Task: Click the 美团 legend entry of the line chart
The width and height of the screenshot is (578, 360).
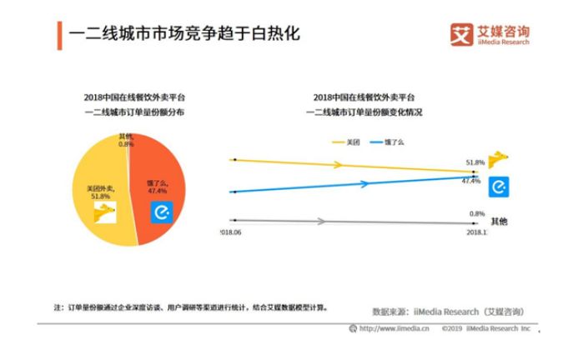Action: click(347, 142)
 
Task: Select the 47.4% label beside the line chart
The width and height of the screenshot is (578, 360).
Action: click(471, 181)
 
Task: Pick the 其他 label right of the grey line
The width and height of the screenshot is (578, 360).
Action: click(499, 222)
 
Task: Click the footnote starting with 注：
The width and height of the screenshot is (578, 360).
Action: click(192, 307)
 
